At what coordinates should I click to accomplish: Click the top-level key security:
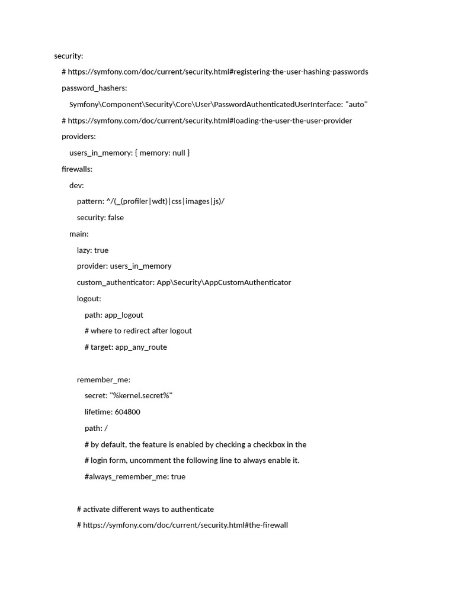pos(69,56)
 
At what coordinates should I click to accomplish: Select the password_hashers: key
pos(94,88)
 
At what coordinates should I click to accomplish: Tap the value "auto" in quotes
pos(357,105)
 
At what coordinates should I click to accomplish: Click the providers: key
pos(79,137)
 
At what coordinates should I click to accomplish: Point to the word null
pos(178,153)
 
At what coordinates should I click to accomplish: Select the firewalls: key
pos(77,169)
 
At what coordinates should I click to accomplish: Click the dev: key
pos(76,185)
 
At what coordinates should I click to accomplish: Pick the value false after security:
pos(116,218)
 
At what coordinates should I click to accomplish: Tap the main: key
pos(79,234)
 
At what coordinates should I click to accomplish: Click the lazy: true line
pos(92,250)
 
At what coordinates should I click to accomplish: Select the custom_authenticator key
pos(116,283)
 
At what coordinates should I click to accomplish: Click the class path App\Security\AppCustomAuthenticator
pos(224,283)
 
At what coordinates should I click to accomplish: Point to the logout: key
pos(89,299)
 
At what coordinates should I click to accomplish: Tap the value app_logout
pos(124,315)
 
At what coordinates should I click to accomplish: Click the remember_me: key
pos(104,380)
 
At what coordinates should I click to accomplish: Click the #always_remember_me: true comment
pos(134,477)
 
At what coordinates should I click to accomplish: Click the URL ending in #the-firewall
pos(185,526)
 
